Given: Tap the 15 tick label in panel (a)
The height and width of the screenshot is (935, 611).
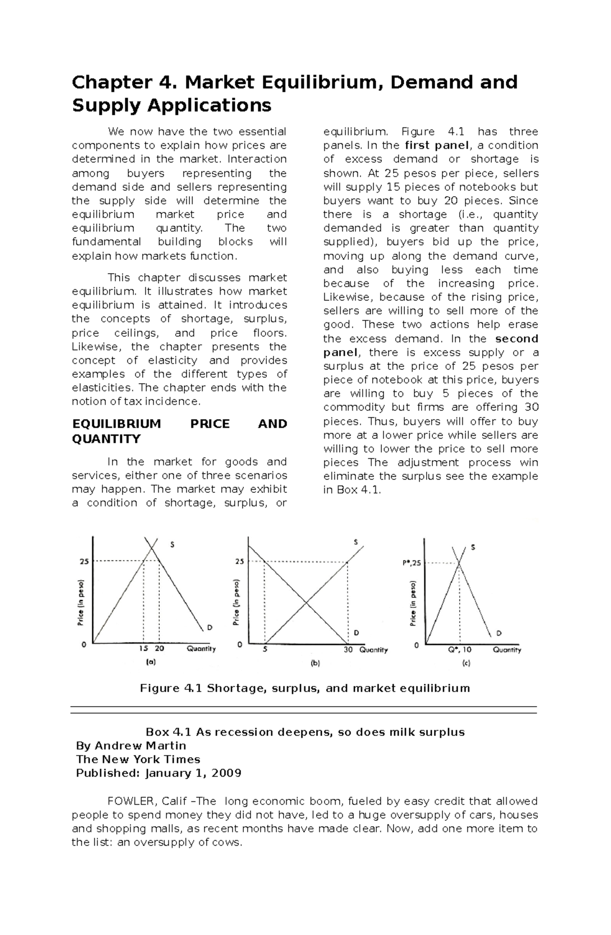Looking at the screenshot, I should (x=144, y=649).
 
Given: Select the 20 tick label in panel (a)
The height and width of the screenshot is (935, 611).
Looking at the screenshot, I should (x=159, y=649).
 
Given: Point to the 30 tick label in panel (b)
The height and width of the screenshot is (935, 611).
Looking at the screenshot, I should (x=348, y=650).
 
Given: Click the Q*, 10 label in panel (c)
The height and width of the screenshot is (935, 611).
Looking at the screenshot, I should (x=460, y=650).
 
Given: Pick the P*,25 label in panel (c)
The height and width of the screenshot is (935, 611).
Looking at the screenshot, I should (x=412, y=563).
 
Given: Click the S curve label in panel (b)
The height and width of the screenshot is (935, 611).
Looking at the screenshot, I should (x=355, y=542).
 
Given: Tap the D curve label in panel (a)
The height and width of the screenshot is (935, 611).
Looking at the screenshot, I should (x=209, y=627).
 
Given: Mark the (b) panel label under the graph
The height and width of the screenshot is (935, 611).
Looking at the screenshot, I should (x=315, y=664).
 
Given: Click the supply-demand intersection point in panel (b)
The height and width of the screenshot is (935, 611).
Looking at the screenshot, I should (x=306, y=603).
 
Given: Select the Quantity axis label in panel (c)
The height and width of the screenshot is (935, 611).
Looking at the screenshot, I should (x=507, y=650).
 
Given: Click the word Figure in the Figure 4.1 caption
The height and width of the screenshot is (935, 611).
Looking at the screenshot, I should (x=159, y=688).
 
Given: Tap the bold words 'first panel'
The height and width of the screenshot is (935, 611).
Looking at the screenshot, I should (x=436, y=145).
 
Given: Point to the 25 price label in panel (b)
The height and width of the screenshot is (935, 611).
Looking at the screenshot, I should (x=239, y=562).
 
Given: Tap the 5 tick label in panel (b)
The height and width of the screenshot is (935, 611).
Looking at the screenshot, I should (x=265, y=650).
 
